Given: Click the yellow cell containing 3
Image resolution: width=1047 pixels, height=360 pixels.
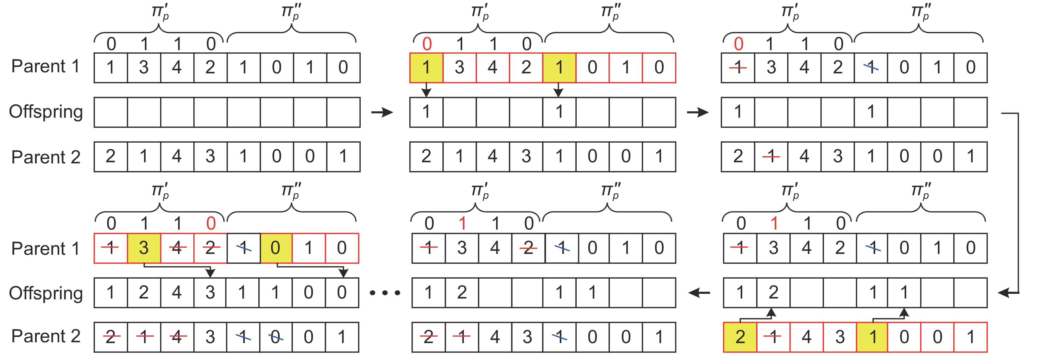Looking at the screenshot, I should point(144,248).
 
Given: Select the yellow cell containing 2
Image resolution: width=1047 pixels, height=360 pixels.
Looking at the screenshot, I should point(740,337).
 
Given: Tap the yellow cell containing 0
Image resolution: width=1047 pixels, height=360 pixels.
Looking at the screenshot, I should point(276,248).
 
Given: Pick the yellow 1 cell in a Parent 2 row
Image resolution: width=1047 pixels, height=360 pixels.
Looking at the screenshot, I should point(872,337).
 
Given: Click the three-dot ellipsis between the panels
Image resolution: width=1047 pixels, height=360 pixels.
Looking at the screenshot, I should point(385,292).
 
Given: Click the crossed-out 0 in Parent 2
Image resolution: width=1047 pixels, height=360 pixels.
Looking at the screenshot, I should point(276,337).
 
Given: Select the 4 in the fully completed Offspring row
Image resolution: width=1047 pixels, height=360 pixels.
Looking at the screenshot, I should point(177,292).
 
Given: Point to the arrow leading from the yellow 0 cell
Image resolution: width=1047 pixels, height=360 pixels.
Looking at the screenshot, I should point(311,267).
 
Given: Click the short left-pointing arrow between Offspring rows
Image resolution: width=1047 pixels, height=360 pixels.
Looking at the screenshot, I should point(699,292).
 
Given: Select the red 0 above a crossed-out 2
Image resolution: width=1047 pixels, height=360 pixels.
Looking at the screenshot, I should point(211,223).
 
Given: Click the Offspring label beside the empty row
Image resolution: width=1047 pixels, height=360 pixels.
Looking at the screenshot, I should point(46,112).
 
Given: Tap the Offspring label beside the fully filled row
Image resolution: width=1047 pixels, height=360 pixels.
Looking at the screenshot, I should point(46,293).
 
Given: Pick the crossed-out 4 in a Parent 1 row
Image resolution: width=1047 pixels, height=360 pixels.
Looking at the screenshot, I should point(177,248).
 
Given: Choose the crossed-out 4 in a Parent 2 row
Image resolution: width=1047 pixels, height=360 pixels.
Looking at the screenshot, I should point(177,337).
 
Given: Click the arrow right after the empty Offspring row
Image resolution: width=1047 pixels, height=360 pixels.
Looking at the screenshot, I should point(382,112).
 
